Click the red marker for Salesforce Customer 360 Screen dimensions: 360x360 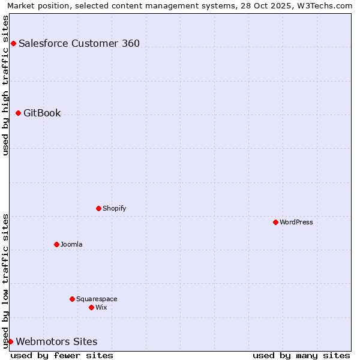coord(13,43)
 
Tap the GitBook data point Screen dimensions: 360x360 coord(18,113)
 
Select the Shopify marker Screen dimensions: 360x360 coord(98,208)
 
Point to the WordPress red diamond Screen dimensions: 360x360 coord(275,222)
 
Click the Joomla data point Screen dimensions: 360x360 coord(56,244)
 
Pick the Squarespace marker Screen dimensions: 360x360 coord(72,299)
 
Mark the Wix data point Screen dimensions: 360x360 coord(91,307)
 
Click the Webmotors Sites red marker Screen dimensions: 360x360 coord(10,341)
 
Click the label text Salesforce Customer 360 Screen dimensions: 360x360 coord(79,43)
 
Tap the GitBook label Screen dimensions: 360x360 coord(42,113)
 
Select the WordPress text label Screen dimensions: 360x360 coord(296,222)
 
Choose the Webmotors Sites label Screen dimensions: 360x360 coord(56,341)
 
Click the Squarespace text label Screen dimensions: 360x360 coord(97,299)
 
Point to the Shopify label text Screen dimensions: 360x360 coord(114,208)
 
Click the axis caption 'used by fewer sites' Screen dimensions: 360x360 coord(62,355)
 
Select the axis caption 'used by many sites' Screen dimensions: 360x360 coord(301,355)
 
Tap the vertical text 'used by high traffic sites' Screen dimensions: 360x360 coord(5,85)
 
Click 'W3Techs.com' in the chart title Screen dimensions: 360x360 coord(327,5)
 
